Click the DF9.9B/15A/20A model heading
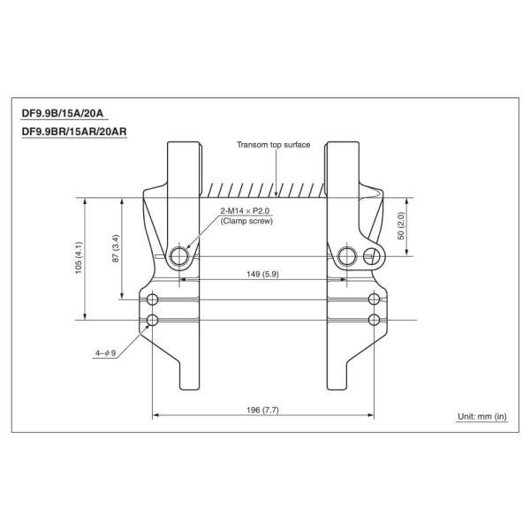pyautogui.click(x=63, y=113)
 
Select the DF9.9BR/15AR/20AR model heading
pyautogui.click(x=74, y=132)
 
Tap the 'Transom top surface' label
pyautogui.click(x=274, y=145)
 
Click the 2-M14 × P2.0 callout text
pyautogui.click(x=245, y=211)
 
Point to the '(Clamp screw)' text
pyautogui.click(x=246, y=222)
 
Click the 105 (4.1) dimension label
pyautogui.click(x=79, y=258)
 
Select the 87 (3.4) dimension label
pyautogui.click(x=116, y=248)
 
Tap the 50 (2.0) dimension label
pyautogui.click(x=401, y=226)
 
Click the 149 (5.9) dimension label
pyautogui.click(x=262, y=274)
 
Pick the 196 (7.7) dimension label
pyautogui.click(x=262, y=410)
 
